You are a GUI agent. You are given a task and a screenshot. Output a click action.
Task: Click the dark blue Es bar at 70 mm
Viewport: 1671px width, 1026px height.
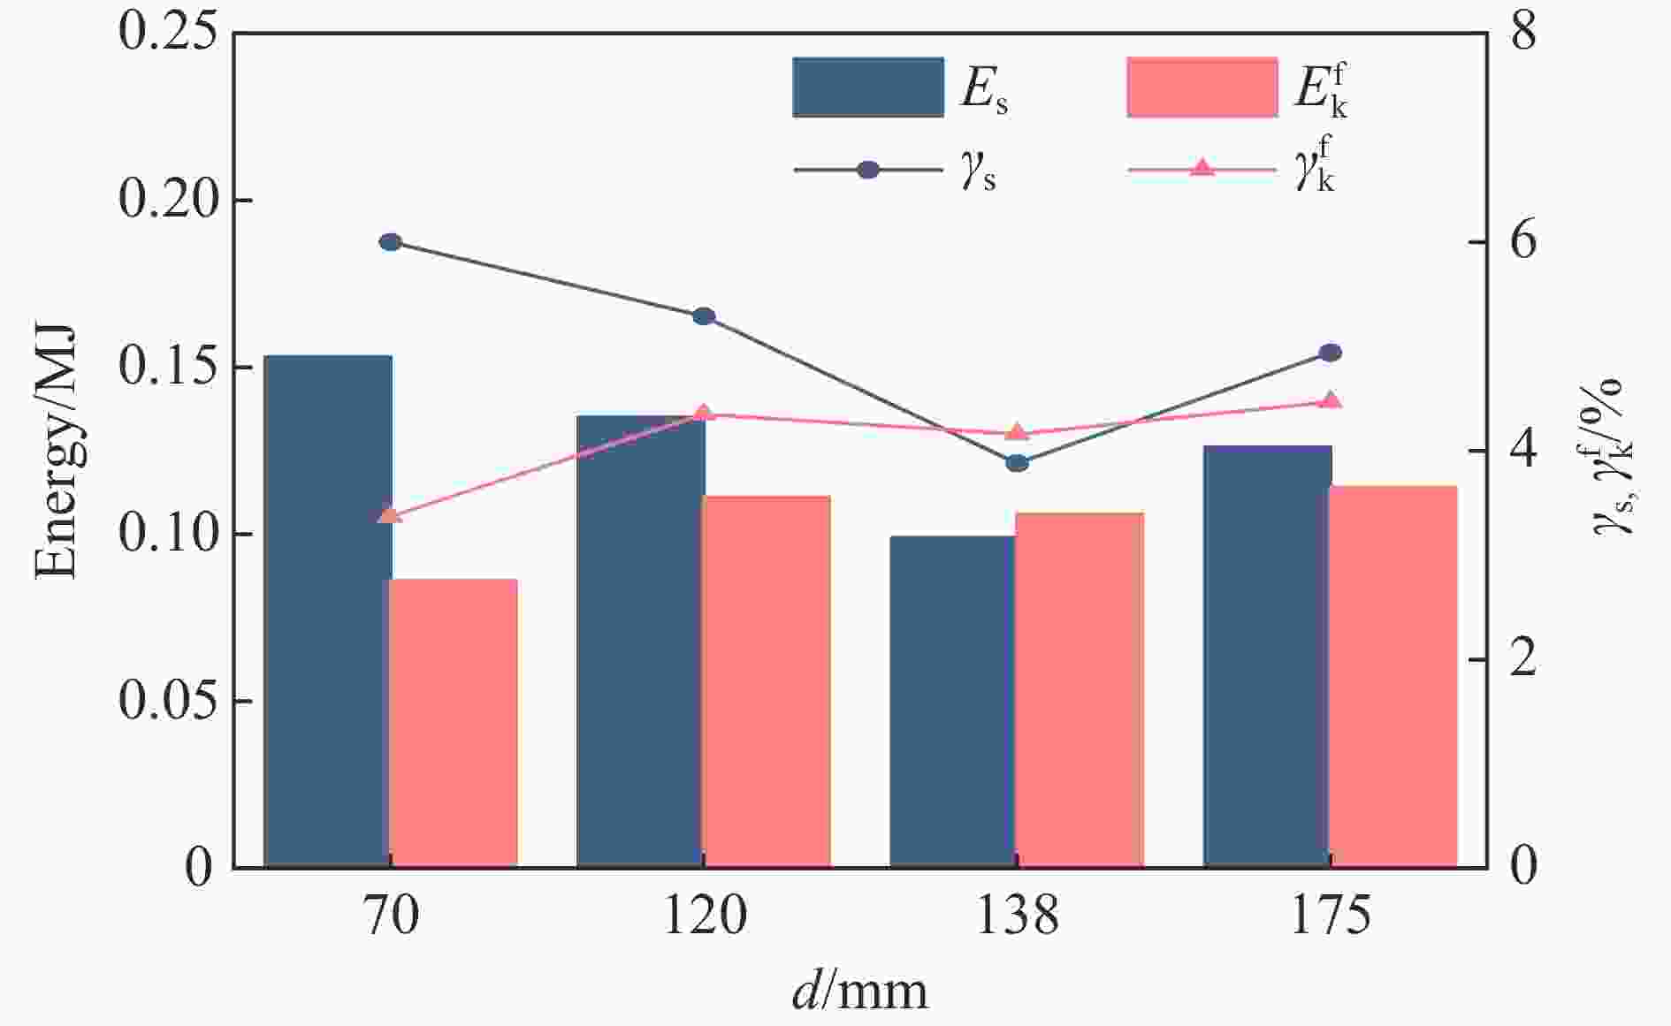click(x=328, y=610)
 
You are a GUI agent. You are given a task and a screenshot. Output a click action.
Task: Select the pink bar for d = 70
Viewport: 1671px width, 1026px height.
click(x=454, y=722)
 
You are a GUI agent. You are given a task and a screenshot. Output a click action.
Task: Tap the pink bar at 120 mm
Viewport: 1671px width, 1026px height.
click(x=767, y=680)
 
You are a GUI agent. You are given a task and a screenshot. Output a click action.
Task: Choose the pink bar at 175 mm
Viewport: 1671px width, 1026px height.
click(x=1392, y=675)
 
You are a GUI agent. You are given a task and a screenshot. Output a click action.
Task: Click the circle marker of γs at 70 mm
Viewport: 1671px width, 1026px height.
click(x=390, y=242)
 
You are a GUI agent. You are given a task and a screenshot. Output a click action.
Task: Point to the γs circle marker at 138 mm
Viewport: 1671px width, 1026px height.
click(x=1017, y=462)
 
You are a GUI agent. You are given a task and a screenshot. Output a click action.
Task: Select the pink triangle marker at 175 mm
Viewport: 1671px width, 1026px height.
click(x=1330, y=400)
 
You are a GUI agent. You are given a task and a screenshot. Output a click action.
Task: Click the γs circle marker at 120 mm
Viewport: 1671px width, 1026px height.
click(x=704, y=316)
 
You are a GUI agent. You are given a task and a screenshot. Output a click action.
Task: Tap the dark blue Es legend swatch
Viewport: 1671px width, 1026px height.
click(x=867, y=87)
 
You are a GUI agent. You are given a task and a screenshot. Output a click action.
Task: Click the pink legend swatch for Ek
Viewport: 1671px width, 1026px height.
click(x=1202, y=87)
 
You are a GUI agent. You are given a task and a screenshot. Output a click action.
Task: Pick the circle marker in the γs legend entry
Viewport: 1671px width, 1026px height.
click(x=868, y=170)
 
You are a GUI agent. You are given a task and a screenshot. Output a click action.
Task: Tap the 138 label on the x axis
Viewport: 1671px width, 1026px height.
click(x=1017, y=916)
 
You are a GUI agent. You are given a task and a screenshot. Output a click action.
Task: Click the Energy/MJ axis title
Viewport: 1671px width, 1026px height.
click(x=55, y=452)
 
